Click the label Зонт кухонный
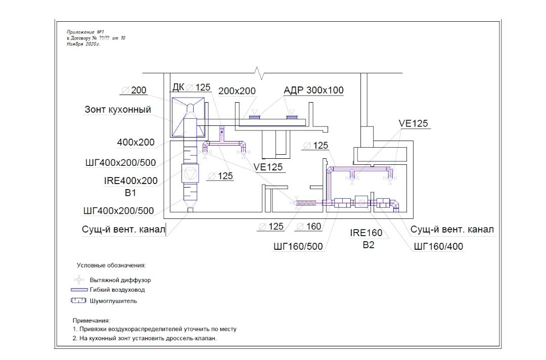118,109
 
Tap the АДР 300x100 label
313,90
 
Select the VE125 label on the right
414,123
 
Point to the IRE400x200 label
130,181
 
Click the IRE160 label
366,233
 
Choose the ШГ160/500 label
298,247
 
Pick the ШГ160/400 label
438,247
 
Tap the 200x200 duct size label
237,91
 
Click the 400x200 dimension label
135,142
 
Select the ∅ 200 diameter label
133,90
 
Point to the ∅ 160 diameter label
308,227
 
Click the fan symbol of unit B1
190,173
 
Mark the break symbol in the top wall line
259,73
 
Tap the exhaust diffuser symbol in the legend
79,280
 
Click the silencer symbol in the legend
78,300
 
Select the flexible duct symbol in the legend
79,290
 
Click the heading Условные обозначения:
111,265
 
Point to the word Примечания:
91,321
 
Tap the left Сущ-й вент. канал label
123,230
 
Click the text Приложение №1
85,32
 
